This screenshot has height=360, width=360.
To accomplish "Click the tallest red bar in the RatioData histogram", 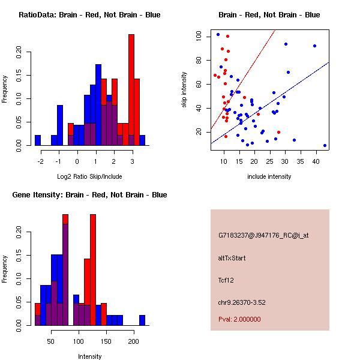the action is click(x=131, y=90).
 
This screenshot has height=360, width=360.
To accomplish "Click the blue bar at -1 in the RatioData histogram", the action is click(x=60, y=125).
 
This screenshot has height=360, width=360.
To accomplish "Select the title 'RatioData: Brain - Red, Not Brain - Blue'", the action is click(x=89, y=15).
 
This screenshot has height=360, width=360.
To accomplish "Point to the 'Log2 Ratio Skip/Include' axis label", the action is click(x=89, y=176).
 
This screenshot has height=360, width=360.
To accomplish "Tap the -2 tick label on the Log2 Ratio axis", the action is click(x=40, y=161).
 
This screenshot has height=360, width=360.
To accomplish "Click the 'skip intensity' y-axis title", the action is click(x=184, y=89).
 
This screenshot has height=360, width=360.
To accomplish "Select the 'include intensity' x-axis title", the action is click(x=269, y=176).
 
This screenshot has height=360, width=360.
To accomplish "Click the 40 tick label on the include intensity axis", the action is click(x=316, y=161).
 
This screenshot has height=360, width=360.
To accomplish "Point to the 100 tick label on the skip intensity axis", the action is click(x=198, y=36).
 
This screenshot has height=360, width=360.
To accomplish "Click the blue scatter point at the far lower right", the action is click(x=325, y=146).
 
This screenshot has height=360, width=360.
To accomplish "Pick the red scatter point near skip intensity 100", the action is click(x=227, y=36).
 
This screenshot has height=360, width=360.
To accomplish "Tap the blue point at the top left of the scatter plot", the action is click(x=218, y=35).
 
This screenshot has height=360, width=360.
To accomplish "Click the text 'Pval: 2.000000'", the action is click(x=239, y=319).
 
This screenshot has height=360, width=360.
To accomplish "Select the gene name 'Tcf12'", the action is click(x=226, y=280).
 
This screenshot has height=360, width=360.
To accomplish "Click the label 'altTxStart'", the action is click(x=232, y=258).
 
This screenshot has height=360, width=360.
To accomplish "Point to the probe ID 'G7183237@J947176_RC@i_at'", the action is click(x=263, y=236).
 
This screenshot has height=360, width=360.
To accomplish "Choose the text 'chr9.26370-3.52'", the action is click(x=242, y=302).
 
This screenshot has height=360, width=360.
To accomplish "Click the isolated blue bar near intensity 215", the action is click(x=142, y=320).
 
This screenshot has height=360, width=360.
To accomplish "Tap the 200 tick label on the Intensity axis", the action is click(x=134, y=341).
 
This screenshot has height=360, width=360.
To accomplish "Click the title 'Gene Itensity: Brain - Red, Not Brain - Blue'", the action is click(x=89, y=195).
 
